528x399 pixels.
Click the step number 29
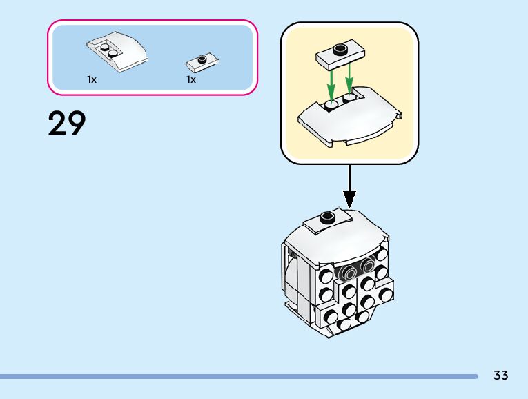67,124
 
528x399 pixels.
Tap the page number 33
500,376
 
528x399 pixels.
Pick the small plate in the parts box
202,63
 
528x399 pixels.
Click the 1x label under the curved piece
92,79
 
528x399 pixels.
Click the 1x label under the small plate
191,79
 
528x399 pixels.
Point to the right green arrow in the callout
351,77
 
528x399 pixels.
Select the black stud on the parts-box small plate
202,59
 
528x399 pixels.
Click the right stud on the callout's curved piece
349,98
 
